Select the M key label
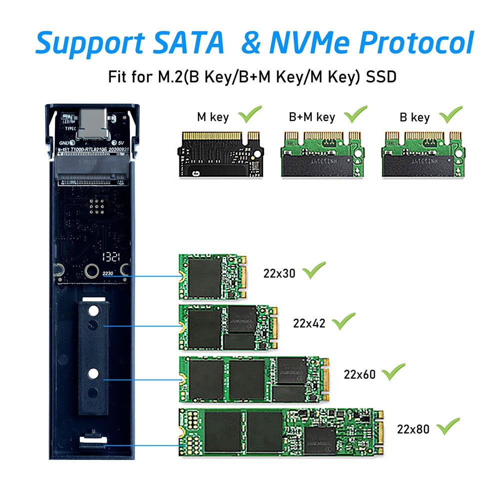213,118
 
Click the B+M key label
312,118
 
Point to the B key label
414,118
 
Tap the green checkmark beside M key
251,114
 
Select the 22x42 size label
309,323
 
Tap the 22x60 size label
360,374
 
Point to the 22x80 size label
413,429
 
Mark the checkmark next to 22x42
344,320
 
